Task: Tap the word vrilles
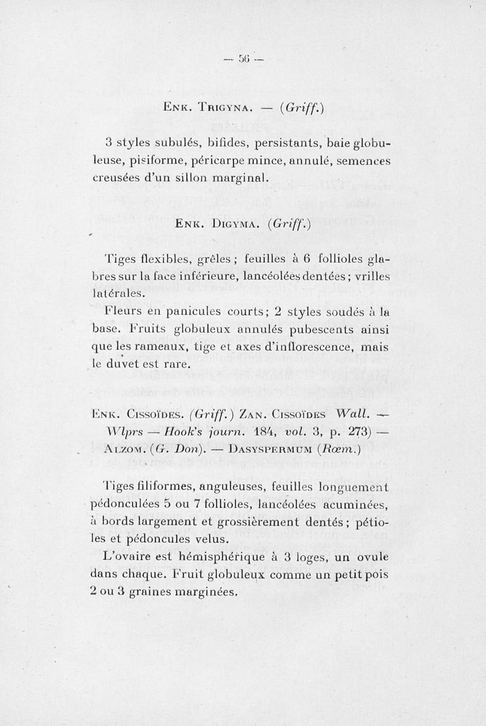click(x=371, y=276)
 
